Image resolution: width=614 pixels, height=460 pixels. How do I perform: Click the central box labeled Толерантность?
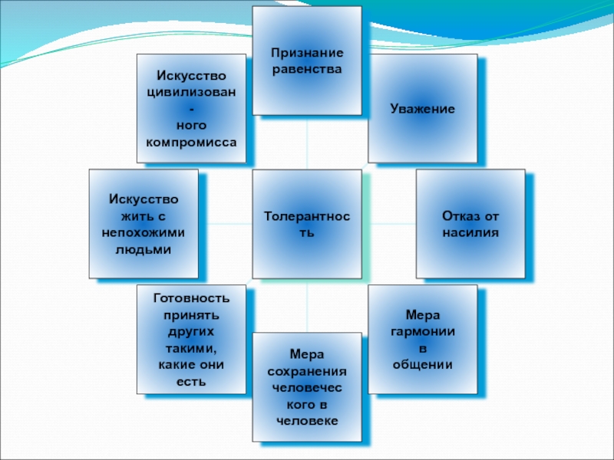point(307,224)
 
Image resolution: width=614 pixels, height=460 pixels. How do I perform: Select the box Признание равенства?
point(307,61)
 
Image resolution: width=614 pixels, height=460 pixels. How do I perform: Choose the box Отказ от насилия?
point(470,224)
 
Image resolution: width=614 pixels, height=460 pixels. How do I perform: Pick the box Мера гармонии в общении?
point(422,339)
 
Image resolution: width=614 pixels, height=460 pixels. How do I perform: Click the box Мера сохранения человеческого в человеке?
point(307,387)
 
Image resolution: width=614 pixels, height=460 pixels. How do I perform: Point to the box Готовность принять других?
point(191,339)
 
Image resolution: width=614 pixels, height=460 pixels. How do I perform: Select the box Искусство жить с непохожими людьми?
point(144,224)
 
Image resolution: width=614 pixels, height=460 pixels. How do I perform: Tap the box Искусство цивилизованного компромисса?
point(191,108)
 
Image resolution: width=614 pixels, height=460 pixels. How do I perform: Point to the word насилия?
point(470,232)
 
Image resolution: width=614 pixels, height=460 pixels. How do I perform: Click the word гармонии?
point(422,331)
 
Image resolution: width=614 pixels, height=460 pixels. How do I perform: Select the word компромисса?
point(191,143)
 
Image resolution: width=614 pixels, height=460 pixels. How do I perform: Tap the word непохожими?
point(144,232)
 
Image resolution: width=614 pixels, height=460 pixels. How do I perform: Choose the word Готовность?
point(191,297)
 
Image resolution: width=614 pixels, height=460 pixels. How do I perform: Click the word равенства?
point(307,69)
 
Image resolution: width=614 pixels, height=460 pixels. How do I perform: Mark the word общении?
point(422,365)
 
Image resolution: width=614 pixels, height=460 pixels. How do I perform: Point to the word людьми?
point(144,249)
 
